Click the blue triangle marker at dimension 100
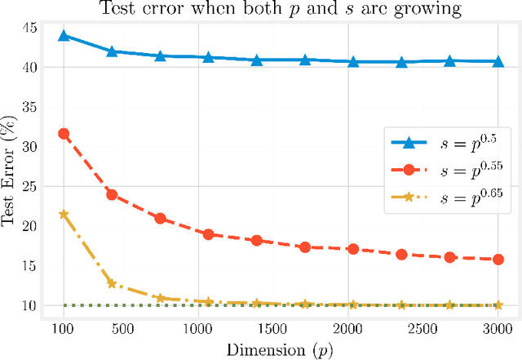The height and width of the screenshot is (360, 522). [64, 36]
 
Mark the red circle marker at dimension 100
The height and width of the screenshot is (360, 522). [64, 133]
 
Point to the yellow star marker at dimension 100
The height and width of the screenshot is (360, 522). [64, 214]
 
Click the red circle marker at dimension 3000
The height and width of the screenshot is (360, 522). [498, 260]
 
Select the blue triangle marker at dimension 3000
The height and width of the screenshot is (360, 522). [498, 61]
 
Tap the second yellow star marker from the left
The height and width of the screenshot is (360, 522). [112, 283]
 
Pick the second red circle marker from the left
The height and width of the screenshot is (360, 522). [112, 195]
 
